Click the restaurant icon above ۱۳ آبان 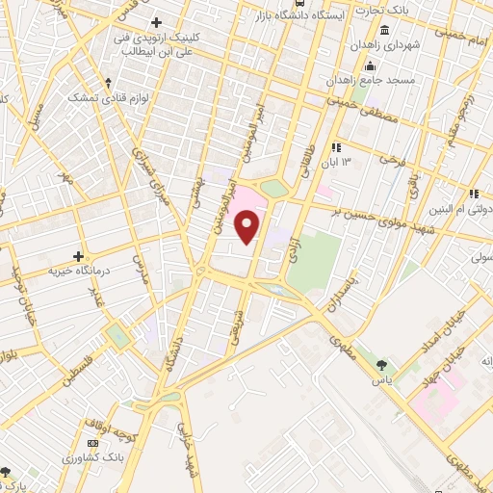336,147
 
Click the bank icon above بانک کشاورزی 92,442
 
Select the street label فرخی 389,154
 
